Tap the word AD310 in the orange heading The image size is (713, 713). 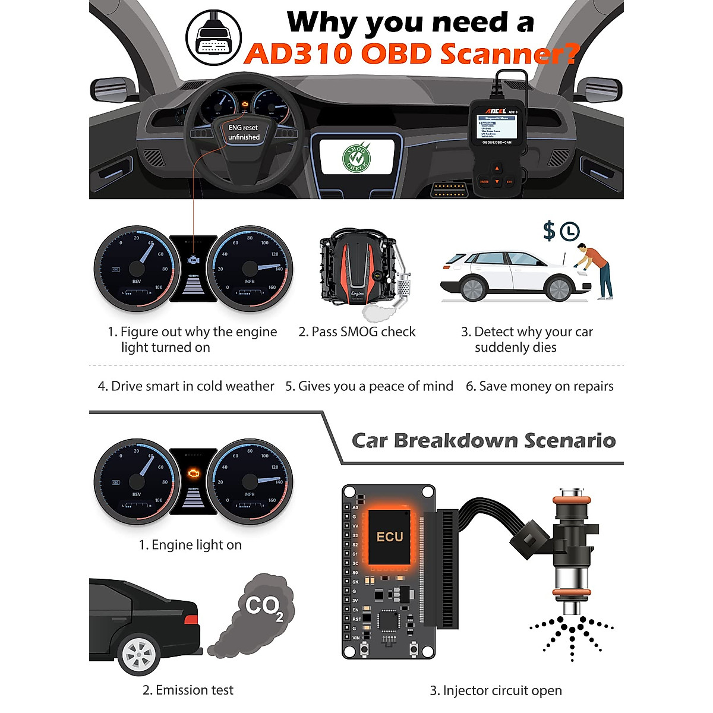tap(298, 54)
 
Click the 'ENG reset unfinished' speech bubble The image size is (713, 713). tap(244, 132)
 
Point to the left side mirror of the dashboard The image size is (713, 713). tap(113, 89)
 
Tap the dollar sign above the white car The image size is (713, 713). tap(549, 231)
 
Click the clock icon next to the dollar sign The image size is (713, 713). tap(570, 231)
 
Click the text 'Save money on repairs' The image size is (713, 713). tap(540, 386)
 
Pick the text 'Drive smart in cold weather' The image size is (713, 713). tap(186, 386)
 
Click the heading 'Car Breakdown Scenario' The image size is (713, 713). tap(484, 441)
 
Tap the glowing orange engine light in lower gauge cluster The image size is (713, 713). tap(193, 473)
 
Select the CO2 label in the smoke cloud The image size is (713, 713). tap(264, 606)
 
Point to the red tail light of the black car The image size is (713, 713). tap(191, 620)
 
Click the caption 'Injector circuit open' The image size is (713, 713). tap(496, 690)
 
